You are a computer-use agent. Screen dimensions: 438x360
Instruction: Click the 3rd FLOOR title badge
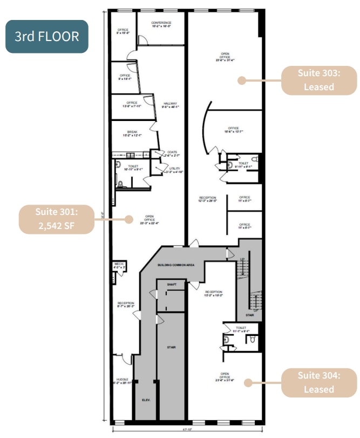[x=46, y=36]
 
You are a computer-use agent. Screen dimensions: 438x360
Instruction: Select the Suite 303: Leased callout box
[x=318, y=80]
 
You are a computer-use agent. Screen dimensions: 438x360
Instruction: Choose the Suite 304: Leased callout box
[x=318, y=382]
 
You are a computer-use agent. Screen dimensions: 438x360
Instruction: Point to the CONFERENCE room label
[x=161, y=22]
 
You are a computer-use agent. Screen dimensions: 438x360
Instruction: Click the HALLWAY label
[x=171, y=104]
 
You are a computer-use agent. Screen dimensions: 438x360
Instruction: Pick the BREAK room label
[x=132, y=132]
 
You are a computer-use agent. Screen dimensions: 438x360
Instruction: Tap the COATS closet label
[x=172, y=152]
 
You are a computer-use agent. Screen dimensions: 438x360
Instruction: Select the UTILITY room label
[x=174, y=169]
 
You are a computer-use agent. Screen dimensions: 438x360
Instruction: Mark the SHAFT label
[x=172, y=284]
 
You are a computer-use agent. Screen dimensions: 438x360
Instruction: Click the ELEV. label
[x=146, y=400]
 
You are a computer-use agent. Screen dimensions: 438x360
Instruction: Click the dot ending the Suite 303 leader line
[x=242, y=80]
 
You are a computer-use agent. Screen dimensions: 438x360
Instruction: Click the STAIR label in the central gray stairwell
[x=171, y=347]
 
